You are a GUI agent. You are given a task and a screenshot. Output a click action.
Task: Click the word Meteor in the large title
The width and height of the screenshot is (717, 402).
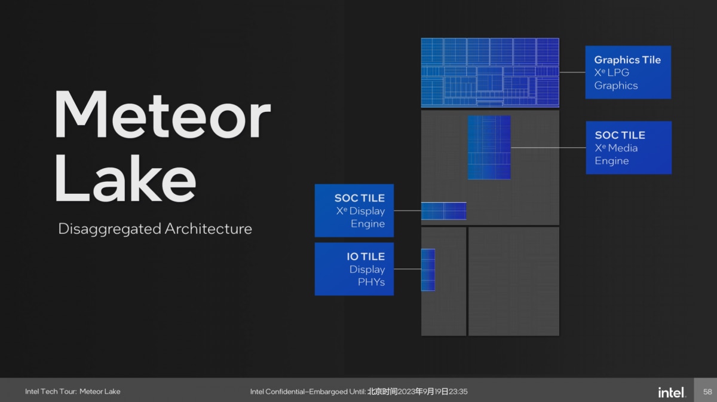pyautogui.click(x=163, y=114)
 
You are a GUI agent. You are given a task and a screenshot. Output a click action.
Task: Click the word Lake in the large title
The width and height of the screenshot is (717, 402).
pyautogui.click(x=125, y=178)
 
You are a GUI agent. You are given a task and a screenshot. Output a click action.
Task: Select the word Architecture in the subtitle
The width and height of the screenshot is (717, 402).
pyautogui.click(x=209, y=229)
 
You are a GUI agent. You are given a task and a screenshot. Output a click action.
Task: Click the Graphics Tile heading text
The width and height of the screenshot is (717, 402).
pyautogui.click(x=627, y=60)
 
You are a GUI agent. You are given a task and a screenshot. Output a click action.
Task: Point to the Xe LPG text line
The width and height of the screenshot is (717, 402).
pyautogui.click(x=612, y=72)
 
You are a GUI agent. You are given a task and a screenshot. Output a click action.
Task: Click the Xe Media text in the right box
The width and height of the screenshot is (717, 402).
pyautogui.click(x=616, y=148)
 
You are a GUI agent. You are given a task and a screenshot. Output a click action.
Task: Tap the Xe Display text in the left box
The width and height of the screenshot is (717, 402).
pyautogui.click(x=360, y=211)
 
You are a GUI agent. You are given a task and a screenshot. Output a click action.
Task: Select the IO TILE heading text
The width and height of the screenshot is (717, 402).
pyautogui.click(x=366, y=257)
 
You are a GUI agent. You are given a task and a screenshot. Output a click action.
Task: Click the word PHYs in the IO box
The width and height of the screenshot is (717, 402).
pyautogui.click(x=371, y=282)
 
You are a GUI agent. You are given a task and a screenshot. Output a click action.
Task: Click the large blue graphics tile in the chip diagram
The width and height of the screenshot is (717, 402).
pyautogui.click(x=490, y=72)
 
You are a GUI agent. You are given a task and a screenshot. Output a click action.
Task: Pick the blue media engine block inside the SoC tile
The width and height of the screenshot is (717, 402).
pyautogui.click(x=489, y=147)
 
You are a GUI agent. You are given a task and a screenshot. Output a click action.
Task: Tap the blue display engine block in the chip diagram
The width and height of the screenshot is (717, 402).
pyautogui.click(x=443, y=211)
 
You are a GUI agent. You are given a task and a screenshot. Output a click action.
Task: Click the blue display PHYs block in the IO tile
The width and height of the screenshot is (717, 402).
pyautogui.click(x=428, y=270)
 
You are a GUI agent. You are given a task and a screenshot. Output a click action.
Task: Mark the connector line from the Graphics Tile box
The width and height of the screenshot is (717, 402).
pyautogui.click(x=572, y=72)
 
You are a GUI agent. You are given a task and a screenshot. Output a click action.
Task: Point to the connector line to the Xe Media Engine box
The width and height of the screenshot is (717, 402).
pyautogui.click(x=549, y=148)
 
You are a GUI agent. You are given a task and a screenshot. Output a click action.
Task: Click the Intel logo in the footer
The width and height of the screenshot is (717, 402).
pyautogui.click(x=672, y=392)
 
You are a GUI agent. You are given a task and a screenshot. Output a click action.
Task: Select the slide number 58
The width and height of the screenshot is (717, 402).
pyautogui.click(x=707, y=392)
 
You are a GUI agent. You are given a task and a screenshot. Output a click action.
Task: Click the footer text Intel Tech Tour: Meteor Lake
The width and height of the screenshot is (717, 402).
pyautogui.click(x=73, y=391)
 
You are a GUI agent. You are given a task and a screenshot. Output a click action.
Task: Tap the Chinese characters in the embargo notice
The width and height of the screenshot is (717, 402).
pyautogui.click(x=382, y=391)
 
